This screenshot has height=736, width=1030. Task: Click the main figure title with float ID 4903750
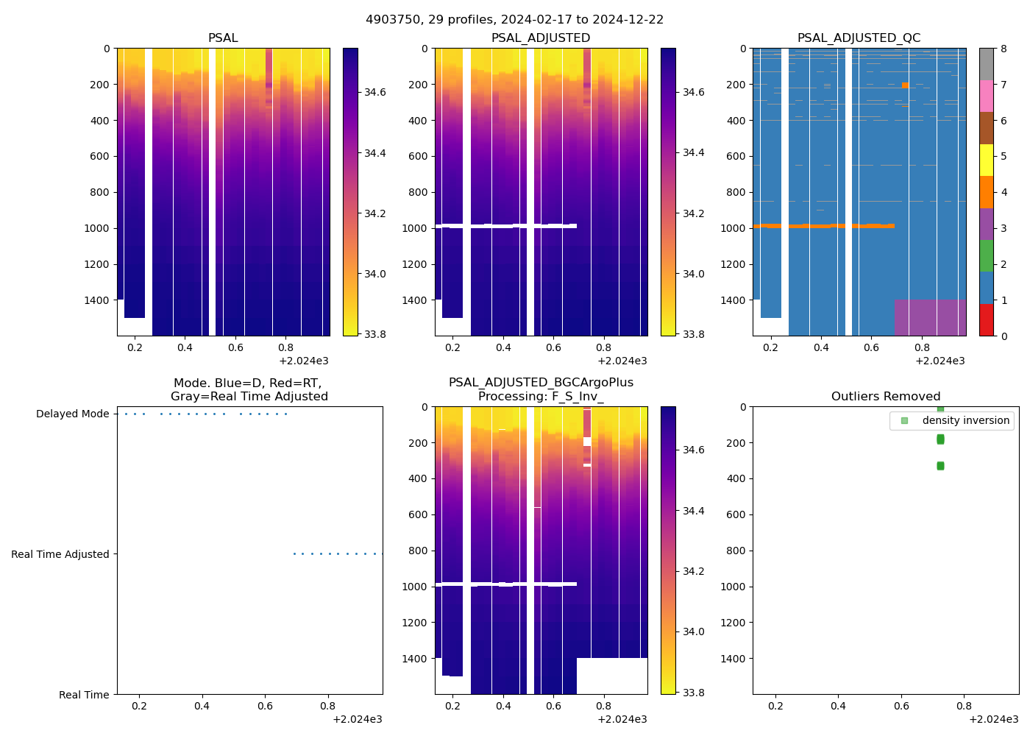pos(514,20)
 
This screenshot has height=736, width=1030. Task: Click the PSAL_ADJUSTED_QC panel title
pos(859,38)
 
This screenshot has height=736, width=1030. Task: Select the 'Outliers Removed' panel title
pos(886,397)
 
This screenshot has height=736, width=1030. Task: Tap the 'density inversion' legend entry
pos(965,420)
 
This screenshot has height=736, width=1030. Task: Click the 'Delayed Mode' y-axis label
pos(72,414)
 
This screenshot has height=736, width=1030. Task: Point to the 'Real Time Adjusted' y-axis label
pos(60,555)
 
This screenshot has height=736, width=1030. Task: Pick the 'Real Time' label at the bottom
pos(84,695)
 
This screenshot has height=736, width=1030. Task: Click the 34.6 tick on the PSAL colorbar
pos(375,93)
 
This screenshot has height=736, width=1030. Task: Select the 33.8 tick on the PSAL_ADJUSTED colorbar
pos(693,335)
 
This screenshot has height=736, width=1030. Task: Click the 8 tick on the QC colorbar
pos(1004,49)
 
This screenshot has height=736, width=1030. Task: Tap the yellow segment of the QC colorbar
pos(987,160)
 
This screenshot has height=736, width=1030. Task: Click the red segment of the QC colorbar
pos(987,320)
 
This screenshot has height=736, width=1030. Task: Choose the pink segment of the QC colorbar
pos(987,96)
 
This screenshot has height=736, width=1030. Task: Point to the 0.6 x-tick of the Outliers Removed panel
pos(901,706)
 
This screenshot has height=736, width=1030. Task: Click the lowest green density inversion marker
pos(940,466)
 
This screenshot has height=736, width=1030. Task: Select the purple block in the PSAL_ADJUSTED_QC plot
pos(930,317)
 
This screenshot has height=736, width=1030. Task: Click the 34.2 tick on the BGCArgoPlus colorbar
pos(693,572)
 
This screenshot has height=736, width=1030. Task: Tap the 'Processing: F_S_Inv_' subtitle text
pos(541,397)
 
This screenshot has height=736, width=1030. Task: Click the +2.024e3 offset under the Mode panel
pos(357,719)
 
